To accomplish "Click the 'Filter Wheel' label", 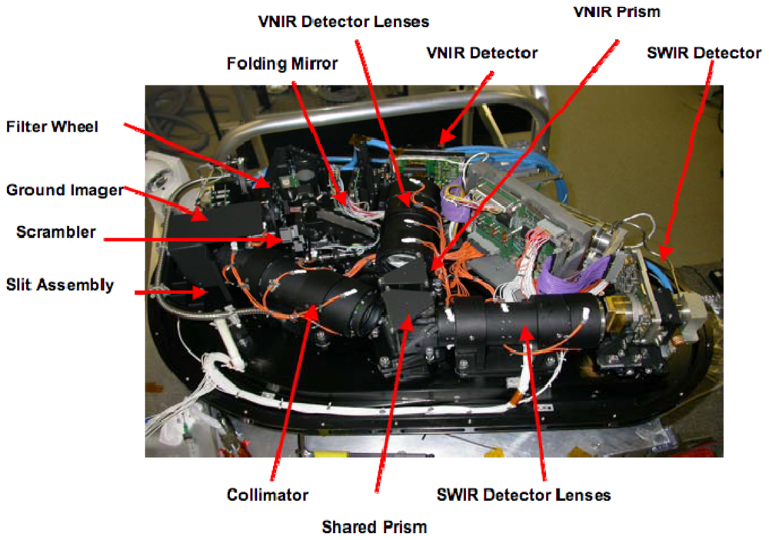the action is tap(52, 127).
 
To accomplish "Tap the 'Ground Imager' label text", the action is tap(65, 190).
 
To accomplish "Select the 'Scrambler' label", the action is tap(56, 232).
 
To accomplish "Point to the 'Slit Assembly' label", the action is tap(60, 285).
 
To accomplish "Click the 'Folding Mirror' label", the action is tap(282, 64).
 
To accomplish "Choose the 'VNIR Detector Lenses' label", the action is tap(343, 22).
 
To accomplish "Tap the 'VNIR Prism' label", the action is tap(617, 12).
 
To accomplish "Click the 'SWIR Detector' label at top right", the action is tap(704, 53).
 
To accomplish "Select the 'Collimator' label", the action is tap(268, 495).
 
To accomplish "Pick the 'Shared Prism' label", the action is tap(375, 527).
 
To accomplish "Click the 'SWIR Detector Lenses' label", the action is tap(524, 495).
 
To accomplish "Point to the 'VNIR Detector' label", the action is tap(481, 53).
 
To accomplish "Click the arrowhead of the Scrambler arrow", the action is tap(275, 240).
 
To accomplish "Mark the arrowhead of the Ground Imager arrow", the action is tap(200, 214).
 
